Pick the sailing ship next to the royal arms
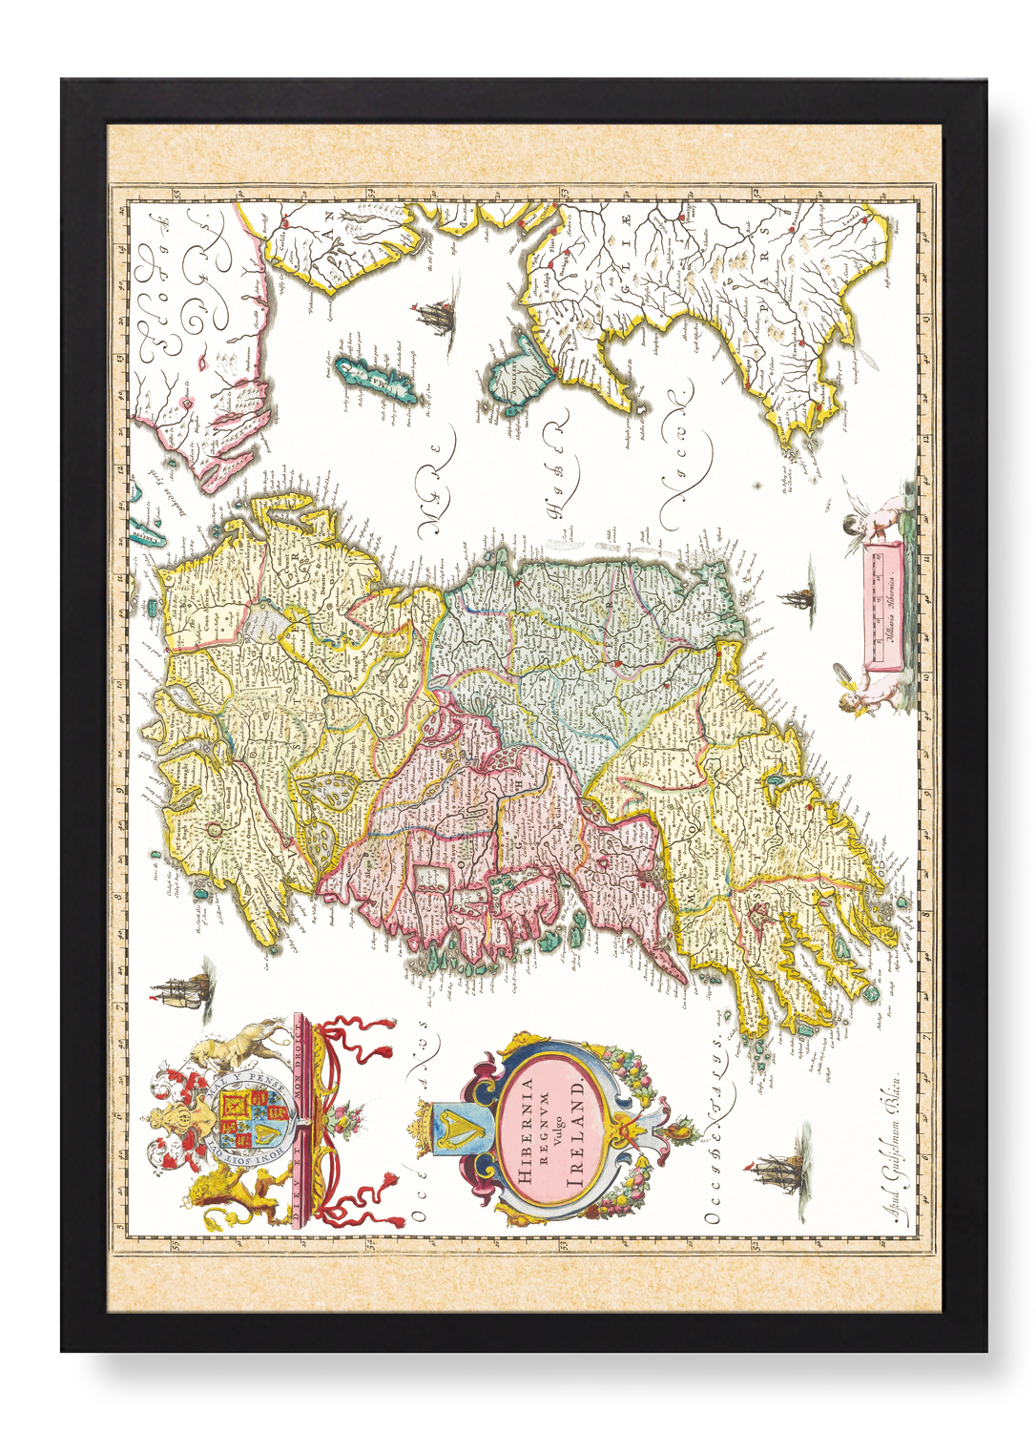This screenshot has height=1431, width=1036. pyautogui.click(x=181, y=992)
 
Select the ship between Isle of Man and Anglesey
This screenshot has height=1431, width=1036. pyautogui.click(x=435, y=315)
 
